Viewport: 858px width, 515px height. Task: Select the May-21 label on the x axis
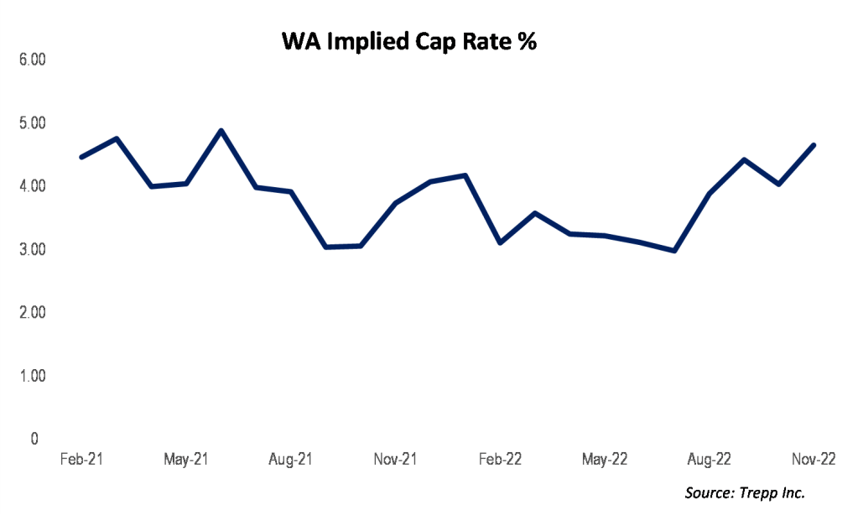tap(185, 460)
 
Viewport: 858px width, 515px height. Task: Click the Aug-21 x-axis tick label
tap(290, 460)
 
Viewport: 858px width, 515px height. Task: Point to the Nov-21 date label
tap(395, 460)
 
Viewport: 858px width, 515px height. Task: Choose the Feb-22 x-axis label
tap(501, 460)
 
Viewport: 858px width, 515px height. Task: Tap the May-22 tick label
tap(605, 460)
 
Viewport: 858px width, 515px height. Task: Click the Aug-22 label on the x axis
tap(710, 460)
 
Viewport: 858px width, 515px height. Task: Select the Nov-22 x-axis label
tap(814, 460)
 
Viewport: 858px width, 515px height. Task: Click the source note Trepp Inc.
tap(745, 493)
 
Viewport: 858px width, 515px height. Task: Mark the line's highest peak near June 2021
tap(221, 131)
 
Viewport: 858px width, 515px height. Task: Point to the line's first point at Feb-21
tap(81, 157)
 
